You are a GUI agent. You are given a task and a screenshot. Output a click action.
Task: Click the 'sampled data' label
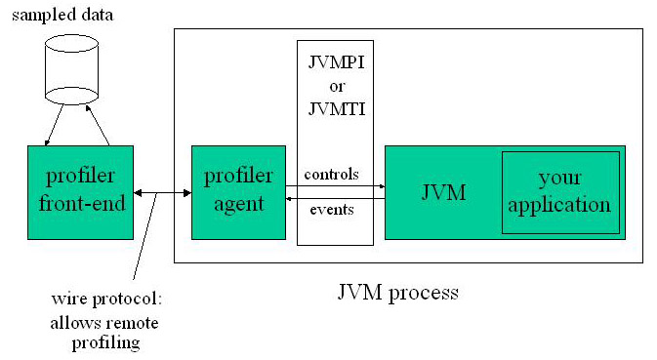click(58, 16)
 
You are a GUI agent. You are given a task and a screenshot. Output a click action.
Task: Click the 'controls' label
click(331, 175)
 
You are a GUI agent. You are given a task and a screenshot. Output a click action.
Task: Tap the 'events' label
click(332, 209)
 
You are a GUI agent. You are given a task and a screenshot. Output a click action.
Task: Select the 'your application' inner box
click(560, 192)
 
